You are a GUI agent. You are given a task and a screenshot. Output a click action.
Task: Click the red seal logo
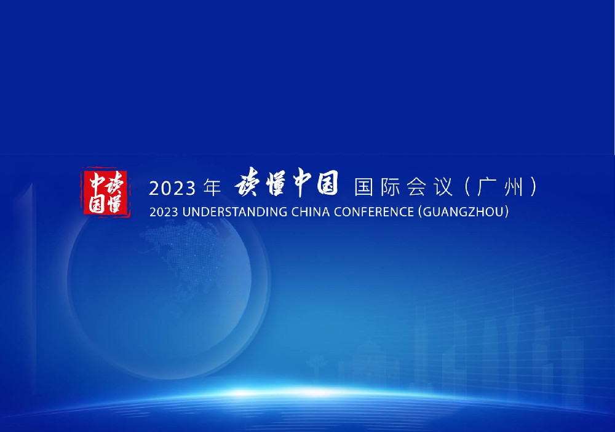[106, 192]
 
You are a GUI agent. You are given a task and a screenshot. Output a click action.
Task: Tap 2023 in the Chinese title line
[172, 189]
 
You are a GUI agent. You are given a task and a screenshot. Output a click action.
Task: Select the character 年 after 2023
[212, 187]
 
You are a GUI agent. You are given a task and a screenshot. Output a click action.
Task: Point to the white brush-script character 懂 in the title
[276, 183]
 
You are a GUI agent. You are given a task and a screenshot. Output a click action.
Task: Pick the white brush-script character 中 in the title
[302, 183]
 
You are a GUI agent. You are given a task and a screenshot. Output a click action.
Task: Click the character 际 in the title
[391, 187]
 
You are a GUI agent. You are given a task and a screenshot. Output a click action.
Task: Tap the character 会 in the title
[416, 187]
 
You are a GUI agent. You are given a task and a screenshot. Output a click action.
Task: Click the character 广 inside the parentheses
[486, 187]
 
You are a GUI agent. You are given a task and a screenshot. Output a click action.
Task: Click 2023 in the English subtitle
[164, 212]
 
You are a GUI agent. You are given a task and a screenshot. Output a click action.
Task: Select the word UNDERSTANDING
[235, 212]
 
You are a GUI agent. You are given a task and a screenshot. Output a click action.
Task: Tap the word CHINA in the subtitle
[311, 212]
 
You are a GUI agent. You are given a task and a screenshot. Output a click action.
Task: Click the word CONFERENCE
[374, 212]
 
